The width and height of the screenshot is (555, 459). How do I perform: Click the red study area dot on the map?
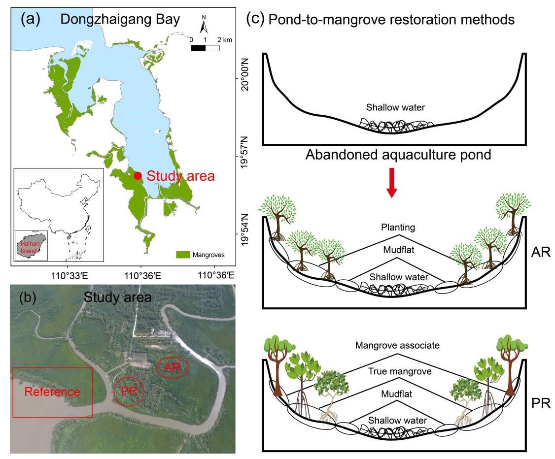click(138, 175)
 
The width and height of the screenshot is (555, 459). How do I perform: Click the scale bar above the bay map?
click(205, 48)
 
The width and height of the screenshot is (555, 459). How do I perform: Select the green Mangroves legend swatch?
click(183, 255)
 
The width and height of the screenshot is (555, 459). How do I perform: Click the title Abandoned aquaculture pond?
click(398, 156)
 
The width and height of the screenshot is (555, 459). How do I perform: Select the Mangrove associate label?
click(397, 346)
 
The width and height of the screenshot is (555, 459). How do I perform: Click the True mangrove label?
click(397, 371)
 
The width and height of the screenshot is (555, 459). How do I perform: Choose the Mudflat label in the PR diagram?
click(397, 394)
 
